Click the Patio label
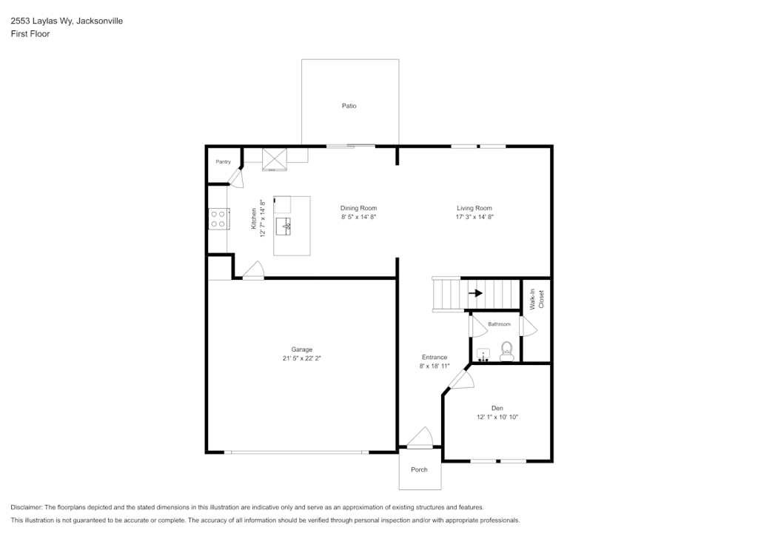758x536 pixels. [x=349, y=106]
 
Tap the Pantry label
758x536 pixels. [x=224, y=162]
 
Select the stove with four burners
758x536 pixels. [x=218, y=219]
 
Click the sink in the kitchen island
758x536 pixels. [x=284, y=227]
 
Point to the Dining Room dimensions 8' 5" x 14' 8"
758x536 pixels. [x=359, y=217]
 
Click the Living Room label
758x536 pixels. [x=474, y=208]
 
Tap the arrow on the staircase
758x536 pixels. [x=476, y=293]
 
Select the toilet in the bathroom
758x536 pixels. [x=506, y=352]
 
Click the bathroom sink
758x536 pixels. [x=483, y=355]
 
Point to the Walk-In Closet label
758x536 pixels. [x=537, y=299]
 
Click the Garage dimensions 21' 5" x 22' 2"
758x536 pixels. [x=302, y=358]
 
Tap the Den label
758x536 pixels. [x=497, y=409]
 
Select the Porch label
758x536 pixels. [x=419, y=470]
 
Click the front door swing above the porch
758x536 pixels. [x=420, y=438]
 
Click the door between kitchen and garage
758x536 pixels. [x=253, y=270]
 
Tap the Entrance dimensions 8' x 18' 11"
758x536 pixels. [x=434, y=366]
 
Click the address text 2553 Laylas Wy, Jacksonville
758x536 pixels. [x=67, y=21]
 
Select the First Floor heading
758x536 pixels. [x=30, y=34]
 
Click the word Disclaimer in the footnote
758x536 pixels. [x=27, y=507]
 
